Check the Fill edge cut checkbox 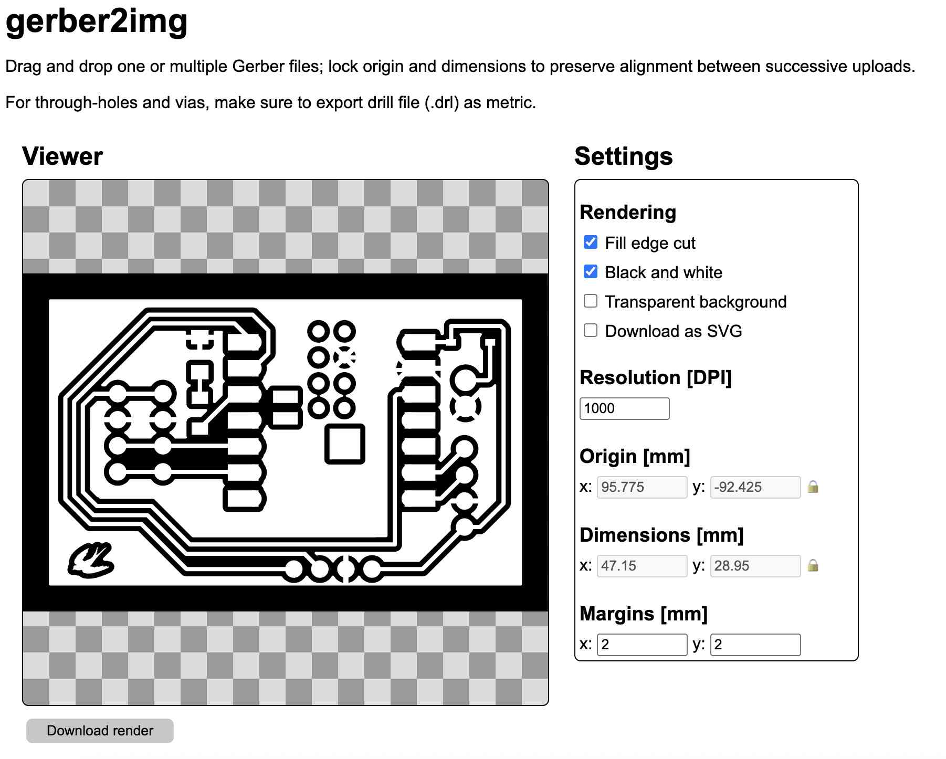[x=591, y=242]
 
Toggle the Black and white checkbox [x=591, y=271]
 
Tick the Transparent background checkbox [x=591, y=301]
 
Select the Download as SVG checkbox [x=591, y=330]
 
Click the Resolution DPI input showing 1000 [x=624, y=408]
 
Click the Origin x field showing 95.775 [x=642, y=487]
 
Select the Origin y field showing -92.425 [x=755, y=487]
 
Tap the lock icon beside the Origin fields [x=813, y=487]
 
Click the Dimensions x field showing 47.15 [x=642, y=566]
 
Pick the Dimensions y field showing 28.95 [x=755, y=566]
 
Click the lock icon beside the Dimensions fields [x=813, y=566]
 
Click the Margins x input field [x=642, y=645]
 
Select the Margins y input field [x=755, y=645]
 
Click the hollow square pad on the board [x=345, y=426]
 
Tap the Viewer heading [x=62, y=156]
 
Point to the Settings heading [x=624, y=156]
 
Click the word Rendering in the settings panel [x=628, y=212]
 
